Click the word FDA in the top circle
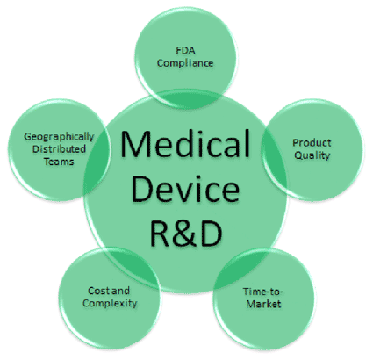click(x=185, y=50)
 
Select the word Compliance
click(x=185, y=63)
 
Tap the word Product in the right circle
click(x=312, y=142)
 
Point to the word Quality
click(x=312, y=155)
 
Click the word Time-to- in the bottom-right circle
click(x=262, y=292)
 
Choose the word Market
click(x=263, y=304)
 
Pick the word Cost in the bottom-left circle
click(x=99, y=291)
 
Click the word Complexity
click(x=110, y=303)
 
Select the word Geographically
click(x=59, y=137)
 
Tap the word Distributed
click(x=59, y=149)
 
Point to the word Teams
click(x=59, y=162)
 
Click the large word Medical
click(x=185, y=143)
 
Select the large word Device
click(x=185, y=189)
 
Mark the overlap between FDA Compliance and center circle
click(x=186, y=99)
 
